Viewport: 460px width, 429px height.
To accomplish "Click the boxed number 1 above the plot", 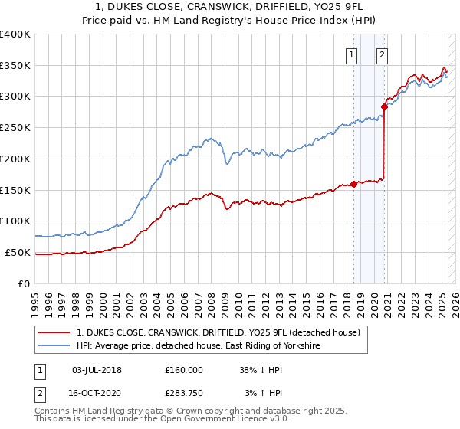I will click(351, 54).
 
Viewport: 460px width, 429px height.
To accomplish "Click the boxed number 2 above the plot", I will click(381, 54).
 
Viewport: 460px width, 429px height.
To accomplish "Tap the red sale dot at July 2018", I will click(353, 184).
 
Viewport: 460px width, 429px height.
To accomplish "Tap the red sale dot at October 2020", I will click(385, 106).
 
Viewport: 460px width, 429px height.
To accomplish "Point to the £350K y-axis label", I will click(15, 66).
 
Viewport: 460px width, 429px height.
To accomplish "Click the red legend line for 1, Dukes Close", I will click(54, 332).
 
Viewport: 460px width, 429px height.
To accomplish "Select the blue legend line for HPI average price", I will click(54, 346).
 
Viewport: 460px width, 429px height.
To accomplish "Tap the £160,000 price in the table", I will click(184, 369).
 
